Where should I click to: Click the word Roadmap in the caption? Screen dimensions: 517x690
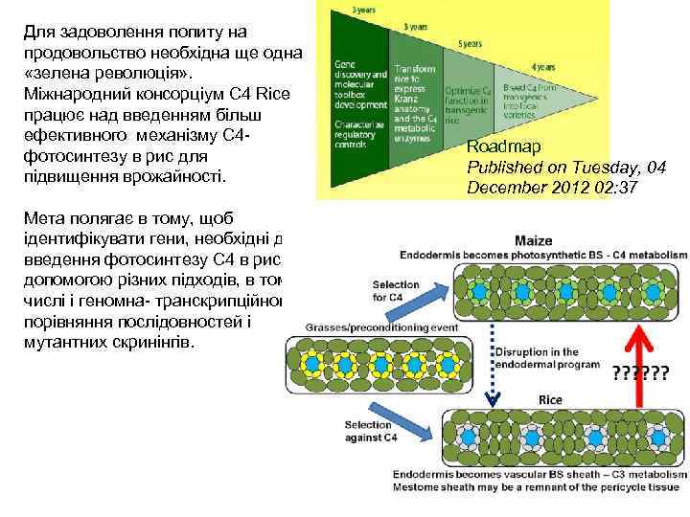coord(504,146)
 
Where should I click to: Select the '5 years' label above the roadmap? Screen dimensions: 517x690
coord(470,44)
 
